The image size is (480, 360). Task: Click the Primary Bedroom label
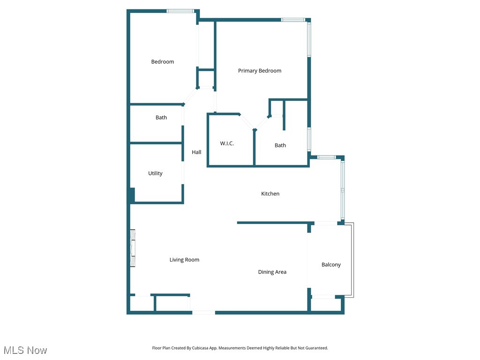click(260, 71)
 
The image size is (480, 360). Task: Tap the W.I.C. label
click(227, 143)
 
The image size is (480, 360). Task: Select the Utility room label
click(155, 173)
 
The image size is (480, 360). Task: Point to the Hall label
click(196, 152)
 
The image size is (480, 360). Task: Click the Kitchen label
click(270, 194)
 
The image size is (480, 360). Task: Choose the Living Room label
click(184, 260)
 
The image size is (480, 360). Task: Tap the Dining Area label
click(272, 272)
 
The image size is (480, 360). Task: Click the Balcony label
click(331, 265)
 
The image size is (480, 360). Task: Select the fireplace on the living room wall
click(133, 248)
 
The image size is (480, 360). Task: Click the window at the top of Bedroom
click(180, 11)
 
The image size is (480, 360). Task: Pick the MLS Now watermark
click(25, 350)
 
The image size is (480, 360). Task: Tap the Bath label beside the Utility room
click(161, 118)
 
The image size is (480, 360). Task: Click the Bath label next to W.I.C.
click(280, 145)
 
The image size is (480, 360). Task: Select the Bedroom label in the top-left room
click(162, 62)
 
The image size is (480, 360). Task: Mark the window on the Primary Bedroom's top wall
click(293, 20)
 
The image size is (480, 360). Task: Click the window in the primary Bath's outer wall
click(309, 139)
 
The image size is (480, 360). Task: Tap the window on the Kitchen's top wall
click(325, 157)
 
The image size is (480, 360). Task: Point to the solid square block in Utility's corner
click(132, 195)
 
